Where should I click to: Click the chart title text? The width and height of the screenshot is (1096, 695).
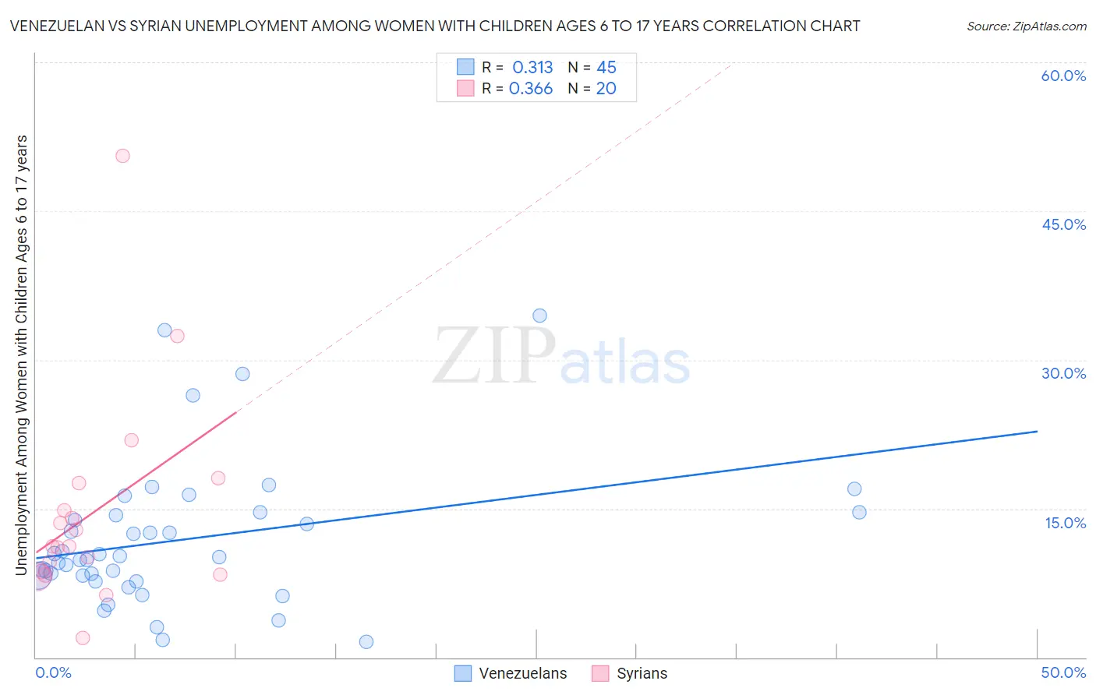click(x=435, y=26)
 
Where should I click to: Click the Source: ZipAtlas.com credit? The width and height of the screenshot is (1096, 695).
click(x=1026, y=26)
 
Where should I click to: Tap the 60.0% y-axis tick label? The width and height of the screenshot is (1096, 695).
click(x=1063, y=76)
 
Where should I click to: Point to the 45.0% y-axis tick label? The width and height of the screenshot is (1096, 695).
click(x=1063, y=224)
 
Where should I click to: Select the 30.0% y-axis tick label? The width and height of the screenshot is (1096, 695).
click(x=1063, y=373)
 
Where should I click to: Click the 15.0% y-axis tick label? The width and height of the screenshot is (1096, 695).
click(x=1065, y=523)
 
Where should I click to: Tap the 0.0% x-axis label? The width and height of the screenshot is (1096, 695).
click(x=53, y=672)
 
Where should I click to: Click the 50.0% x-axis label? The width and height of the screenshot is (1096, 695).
click(x=1063, y=672)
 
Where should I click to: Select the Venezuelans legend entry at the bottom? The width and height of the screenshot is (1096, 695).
click(x=511, y=673)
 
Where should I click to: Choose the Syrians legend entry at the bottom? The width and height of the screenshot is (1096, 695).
click(x=630, y=673)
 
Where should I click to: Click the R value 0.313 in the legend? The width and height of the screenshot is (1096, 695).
click(x=532, y=68)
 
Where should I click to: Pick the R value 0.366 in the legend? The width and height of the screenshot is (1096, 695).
click(x=531, y=89)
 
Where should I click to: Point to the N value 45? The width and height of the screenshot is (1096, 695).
click(x=606, y=68)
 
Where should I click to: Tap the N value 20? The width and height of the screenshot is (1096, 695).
click(x=606, y=89)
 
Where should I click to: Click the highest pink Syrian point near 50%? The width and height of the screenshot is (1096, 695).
click(x=122, y=156)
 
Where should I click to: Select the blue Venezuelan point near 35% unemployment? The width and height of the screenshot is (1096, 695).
click(x=539, y=316)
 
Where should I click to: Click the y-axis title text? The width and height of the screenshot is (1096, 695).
click(x=22, y=355)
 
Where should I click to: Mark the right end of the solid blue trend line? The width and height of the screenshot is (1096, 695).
click(x=1037, y=431)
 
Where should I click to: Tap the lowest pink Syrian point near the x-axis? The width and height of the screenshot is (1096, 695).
click(x=83, y=638)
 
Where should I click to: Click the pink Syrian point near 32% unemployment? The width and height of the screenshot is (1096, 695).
click(x=177, y=336)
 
